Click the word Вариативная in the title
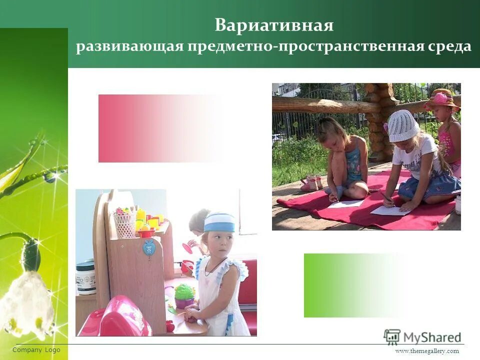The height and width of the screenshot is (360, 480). (x=274, y=25)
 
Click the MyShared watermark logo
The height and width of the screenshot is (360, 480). (x=422, y=337)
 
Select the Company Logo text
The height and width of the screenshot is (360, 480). (x=36, y=350)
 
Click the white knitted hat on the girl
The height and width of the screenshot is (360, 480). (x=403, y=125)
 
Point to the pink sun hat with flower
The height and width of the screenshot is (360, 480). (x=441, y=99)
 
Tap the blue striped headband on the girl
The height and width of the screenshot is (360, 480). (x=219, y=222)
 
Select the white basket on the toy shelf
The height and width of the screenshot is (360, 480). (x=125, y=224)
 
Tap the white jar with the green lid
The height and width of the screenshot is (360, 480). (x=85, y=278)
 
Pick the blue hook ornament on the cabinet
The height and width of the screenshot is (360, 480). (x=149, y=247)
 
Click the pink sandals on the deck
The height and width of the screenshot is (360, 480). (x=312, y=183)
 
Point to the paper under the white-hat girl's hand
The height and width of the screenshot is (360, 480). (x=390, y=210)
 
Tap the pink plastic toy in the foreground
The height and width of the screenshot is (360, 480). (x=122, y=318)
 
